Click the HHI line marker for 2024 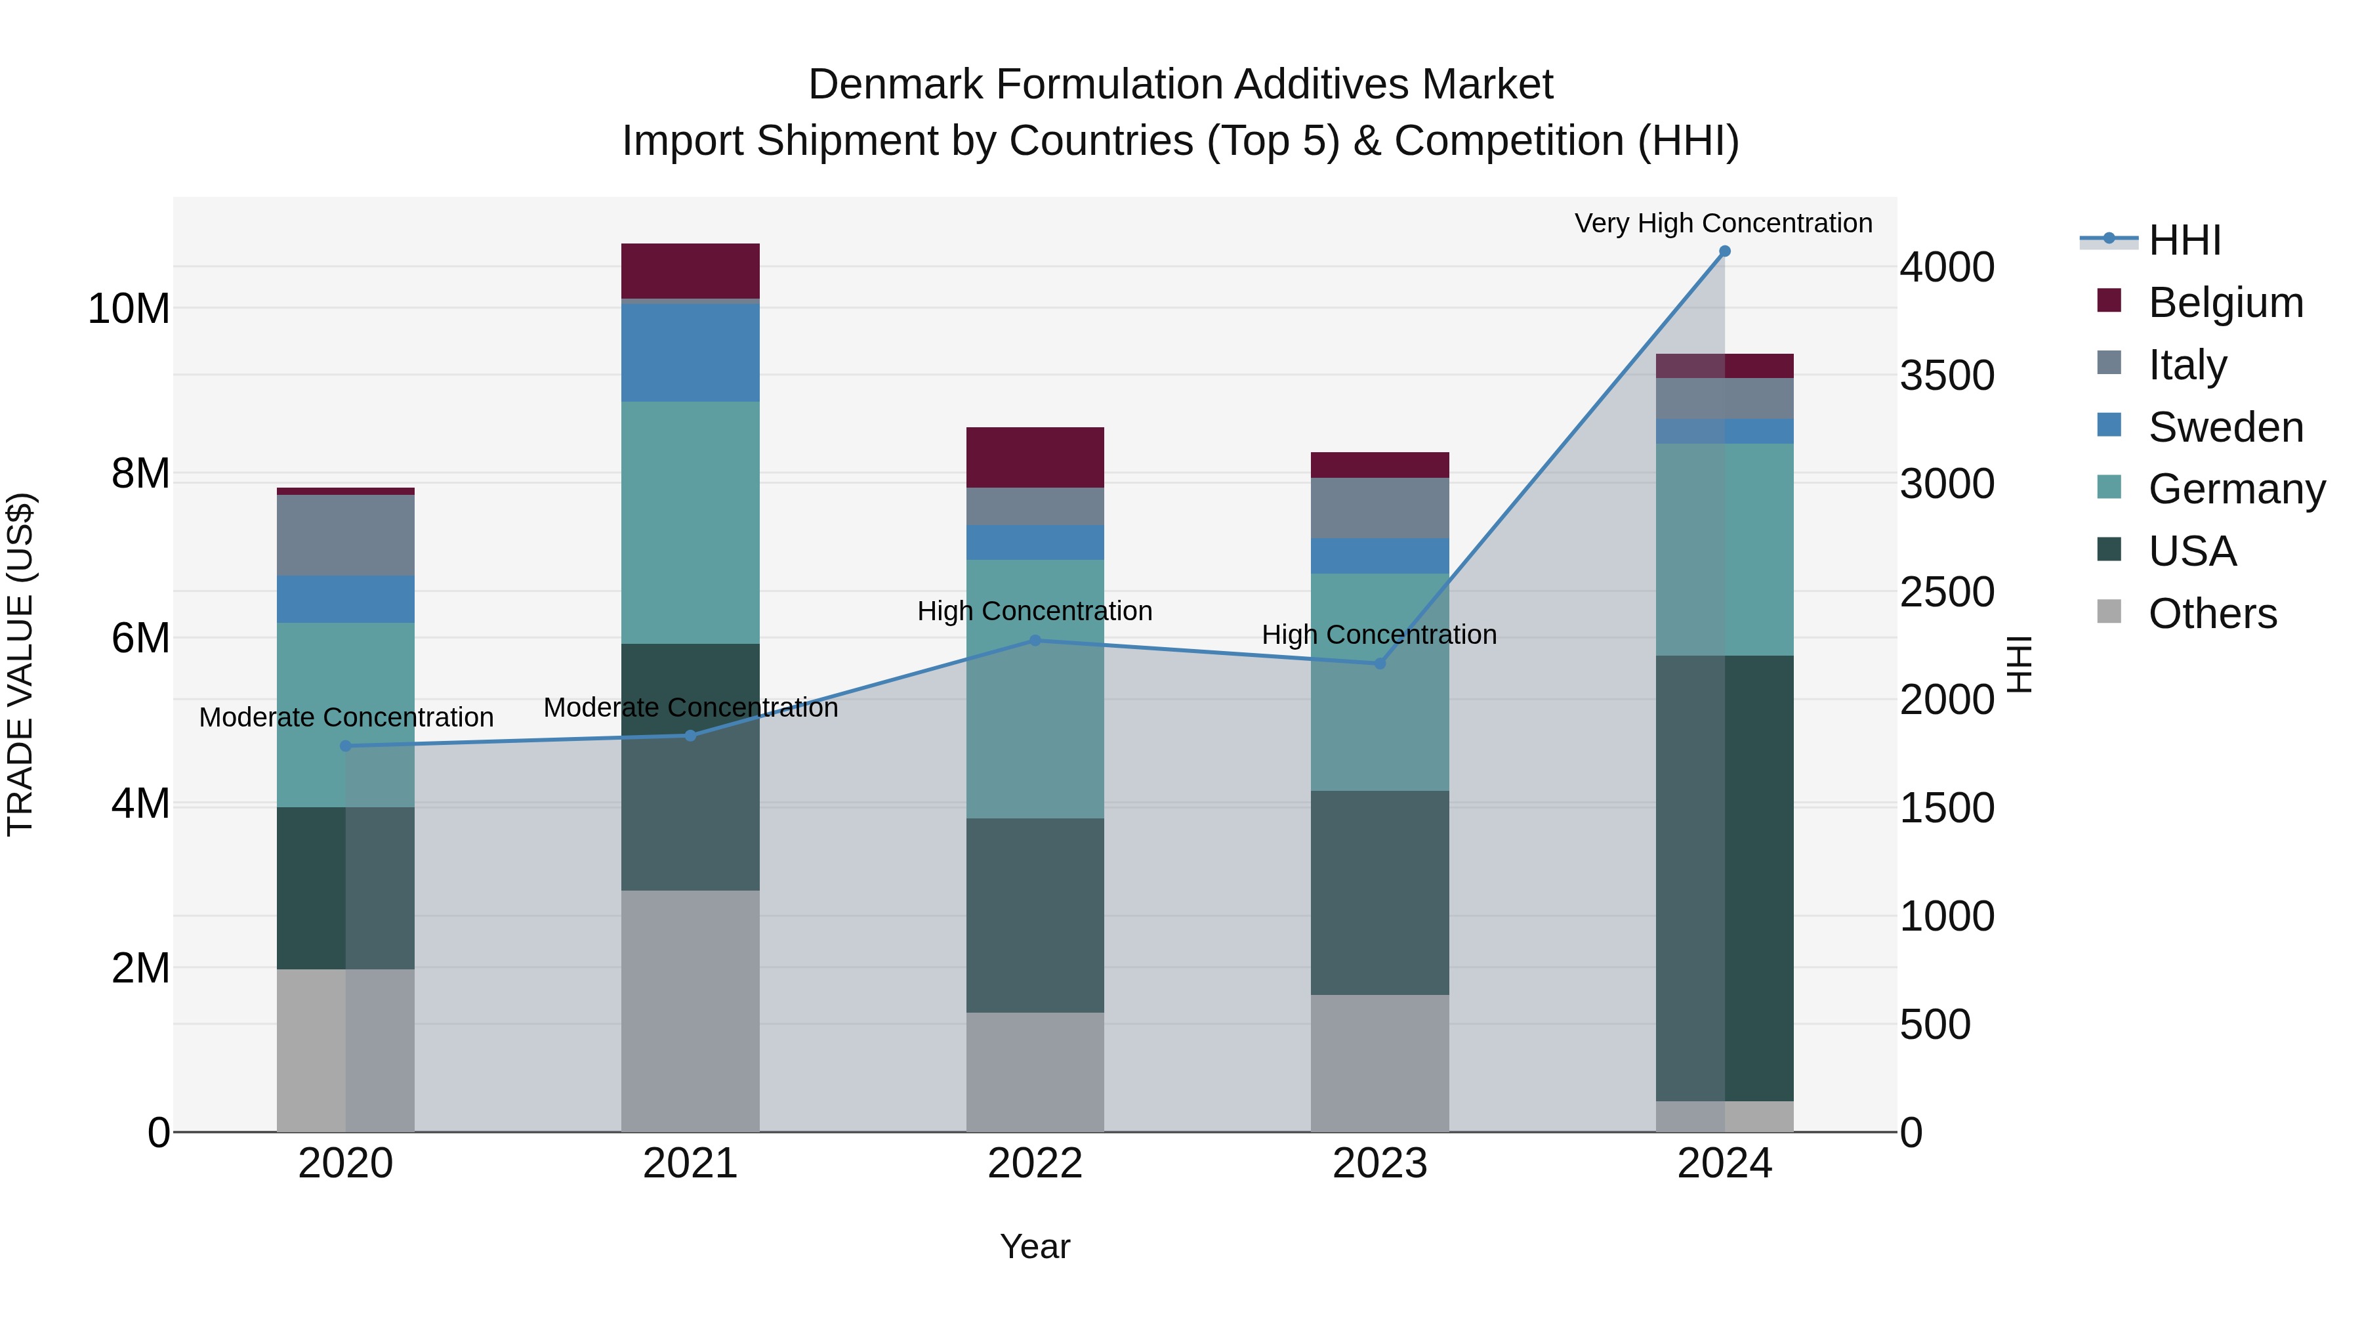pos(1724,251)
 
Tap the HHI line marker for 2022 pos(1035,640)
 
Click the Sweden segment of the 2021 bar pos(690,352)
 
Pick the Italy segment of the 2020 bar pos(346,535)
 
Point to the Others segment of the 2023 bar pos(1380,1063)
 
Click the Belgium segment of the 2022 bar pos(1035,457)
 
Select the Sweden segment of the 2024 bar pos(1724,431)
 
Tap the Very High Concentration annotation pos(1723,223)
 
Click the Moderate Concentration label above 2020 pos(346,717)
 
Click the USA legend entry pos(2191,551)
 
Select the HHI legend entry pos(2184,240)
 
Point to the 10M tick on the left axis pos(129,308)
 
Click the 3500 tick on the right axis pos(1946,375)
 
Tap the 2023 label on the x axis pos(1380,1164)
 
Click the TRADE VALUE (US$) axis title pos(20,664)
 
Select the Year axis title pos(1035,1246)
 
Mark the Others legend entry pos(2212,614)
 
